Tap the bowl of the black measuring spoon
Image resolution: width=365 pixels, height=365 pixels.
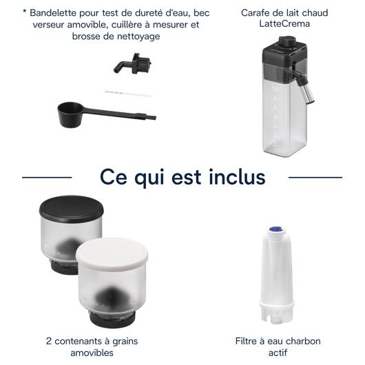(x=70, y=114)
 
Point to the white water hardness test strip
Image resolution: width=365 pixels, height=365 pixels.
(x=129, y=94)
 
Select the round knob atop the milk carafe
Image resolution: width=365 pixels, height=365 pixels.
(x=287, y=42)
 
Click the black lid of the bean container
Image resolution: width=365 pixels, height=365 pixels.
(x=71, y=209)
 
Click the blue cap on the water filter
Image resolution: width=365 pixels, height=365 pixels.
(x=277, y=229)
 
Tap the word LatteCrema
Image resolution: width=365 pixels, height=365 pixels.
(x=284, y=24)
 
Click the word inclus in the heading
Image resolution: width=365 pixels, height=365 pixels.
(x=237, y=178)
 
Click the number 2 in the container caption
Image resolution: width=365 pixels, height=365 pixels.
(x=49, y=342)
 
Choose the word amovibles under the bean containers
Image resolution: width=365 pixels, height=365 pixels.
(x=92, y=353)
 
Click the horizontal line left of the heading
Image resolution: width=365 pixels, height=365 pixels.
(x=47, y=178)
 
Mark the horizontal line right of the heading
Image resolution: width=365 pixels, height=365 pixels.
(x=315, y=178)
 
